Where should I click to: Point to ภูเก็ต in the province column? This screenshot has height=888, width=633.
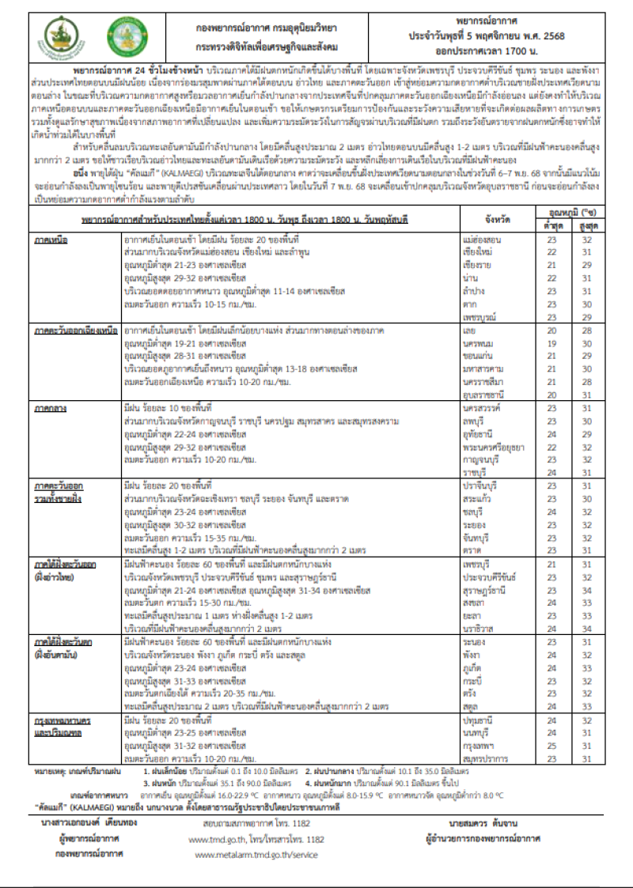472,668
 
